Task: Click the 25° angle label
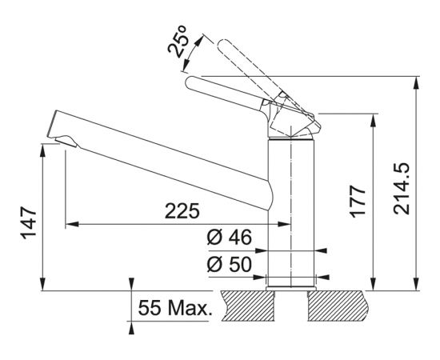pyautogui.click(x=178, y=42)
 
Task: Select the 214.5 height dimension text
pyautogui.click(x=402, y=189)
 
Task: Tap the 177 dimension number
pyautogui.click(x=358, y=201)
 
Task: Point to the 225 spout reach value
pyautogui.click(x=182, y=210)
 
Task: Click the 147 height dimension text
pyautogui.click(x=29, y=222)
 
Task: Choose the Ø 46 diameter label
pyautogui.click(x=230, y=238)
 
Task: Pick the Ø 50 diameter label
pyautogui.click(x=230, y=264)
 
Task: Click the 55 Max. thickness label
pyautogui.click(x=174, y=308)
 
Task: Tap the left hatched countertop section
pyautogui.click(x=247, y=306)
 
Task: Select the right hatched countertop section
pyautogui.click(x=337, y=306)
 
